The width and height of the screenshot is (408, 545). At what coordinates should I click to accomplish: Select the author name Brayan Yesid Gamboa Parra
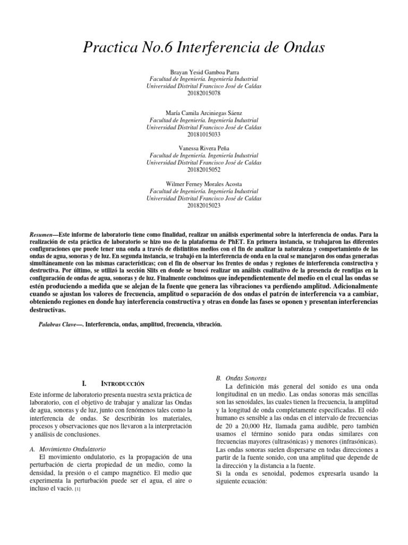pos(204,71)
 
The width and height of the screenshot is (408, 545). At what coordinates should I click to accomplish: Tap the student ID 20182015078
pos(204,93)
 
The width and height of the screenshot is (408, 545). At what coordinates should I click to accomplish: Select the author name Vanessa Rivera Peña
pos(204,147)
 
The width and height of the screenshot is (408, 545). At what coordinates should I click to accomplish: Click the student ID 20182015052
pos(204,169)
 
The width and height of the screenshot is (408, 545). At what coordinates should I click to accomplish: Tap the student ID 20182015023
pos(204,205)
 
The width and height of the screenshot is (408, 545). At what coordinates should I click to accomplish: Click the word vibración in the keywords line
pos(204,324)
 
